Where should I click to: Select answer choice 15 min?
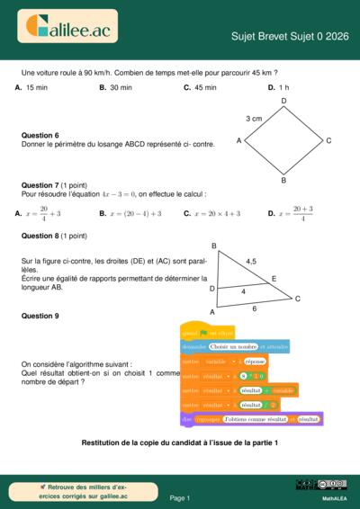tap(36, 87)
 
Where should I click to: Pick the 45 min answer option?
tap(205, 87)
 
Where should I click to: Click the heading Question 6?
tap(40, 136)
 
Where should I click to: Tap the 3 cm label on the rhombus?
tap(254, 118)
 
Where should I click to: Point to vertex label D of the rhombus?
tap(283, 101)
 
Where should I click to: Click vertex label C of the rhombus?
tap(329, 141)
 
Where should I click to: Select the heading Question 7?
tap(40, 184)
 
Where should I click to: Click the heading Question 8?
tap(40, 236)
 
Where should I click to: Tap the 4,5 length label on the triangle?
tap(250, 262)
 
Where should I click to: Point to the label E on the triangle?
tap(274, 279)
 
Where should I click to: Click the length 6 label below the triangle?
tap(255, 308)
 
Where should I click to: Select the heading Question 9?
tap(40, 316)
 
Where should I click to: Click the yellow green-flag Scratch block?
tap(208, 332)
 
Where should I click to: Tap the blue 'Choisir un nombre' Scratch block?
tap(235, 346)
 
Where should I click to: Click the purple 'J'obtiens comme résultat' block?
tap(251, 419)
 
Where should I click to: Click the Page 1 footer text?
tap(179, 497)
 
